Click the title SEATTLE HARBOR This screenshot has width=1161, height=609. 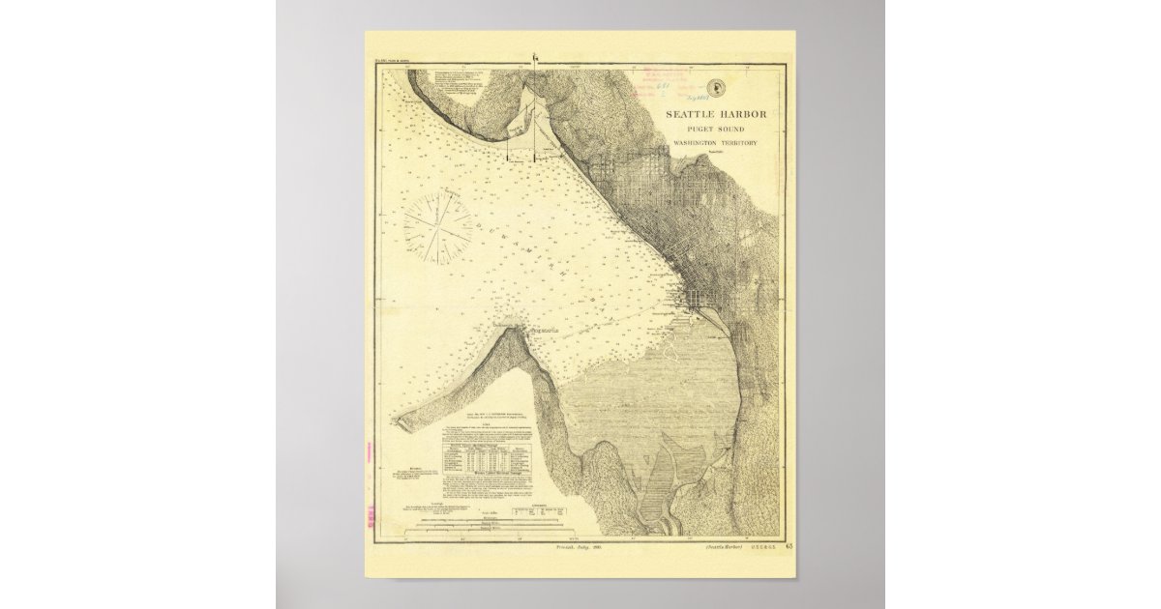pyautogui.click(x=716, y=114)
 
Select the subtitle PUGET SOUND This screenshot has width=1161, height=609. pyautogui.click(x=715, y=130)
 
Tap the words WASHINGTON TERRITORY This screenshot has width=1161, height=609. pyautogui.click(x=715, y=143)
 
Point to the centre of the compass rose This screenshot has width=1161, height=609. pyautogui.click(x=437, y=226)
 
